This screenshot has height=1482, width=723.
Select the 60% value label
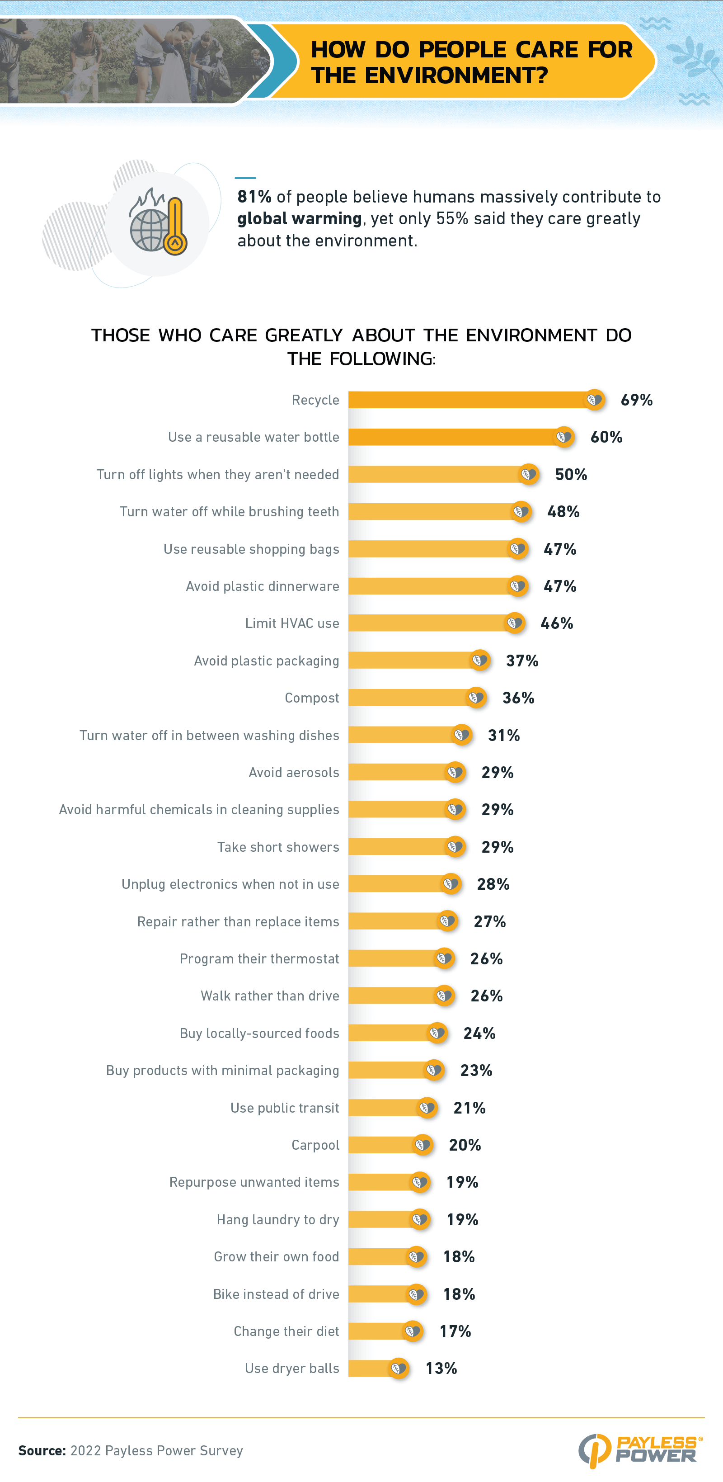[x=606, y=437]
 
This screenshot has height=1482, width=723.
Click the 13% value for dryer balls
[x=441, y=1368]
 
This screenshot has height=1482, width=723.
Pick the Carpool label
[x=315, y=1145]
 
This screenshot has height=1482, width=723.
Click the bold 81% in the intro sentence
[x=254, y=197]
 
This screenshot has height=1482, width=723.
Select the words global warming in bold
[x=300, y=219]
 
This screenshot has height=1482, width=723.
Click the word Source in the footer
[x=42, y=1450]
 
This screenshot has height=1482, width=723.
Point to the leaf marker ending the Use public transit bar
[x=427, y=1108]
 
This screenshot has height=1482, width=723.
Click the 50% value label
[x=571, y=475]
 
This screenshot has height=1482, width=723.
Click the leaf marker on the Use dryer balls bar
[x=398, y=1368]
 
